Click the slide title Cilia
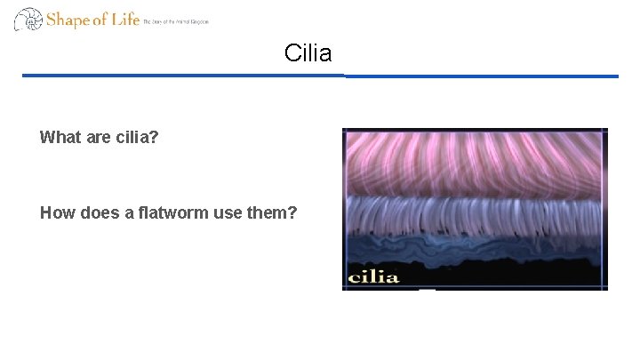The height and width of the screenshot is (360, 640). pos(308,53)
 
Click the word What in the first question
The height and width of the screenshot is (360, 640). pos(58,138)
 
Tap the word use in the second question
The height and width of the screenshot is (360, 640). pos(229,212)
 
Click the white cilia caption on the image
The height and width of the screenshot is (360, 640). pos(372,276)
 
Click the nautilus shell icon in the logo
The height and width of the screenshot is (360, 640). pos(28,19)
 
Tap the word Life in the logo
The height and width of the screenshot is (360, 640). pos(124,18)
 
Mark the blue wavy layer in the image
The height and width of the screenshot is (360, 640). pos(473,244)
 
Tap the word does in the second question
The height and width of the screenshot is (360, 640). pos(99,212)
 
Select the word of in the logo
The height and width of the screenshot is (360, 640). pos(99,19)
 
